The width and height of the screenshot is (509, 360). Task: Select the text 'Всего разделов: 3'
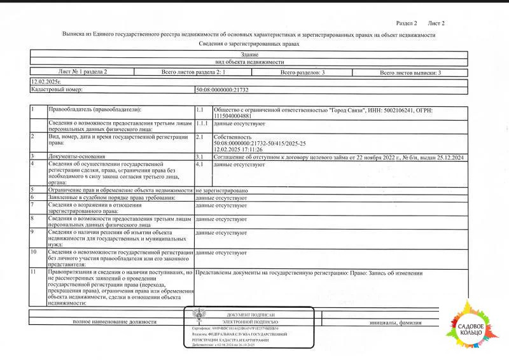[302, 73]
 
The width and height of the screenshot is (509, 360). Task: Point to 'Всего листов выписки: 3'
[410, 73]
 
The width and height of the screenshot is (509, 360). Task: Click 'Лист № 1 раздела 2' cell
[83, 73]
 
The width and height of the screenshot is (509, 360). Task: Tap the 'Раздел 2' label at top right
[407, 23]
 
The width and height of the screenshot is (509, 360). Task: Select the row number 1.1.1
[202, 123]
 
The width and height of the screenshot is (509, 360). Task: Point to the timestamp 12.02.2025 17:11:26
[239, 149]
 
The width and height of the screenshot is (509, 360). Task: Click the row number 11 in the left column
[34, 273]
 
